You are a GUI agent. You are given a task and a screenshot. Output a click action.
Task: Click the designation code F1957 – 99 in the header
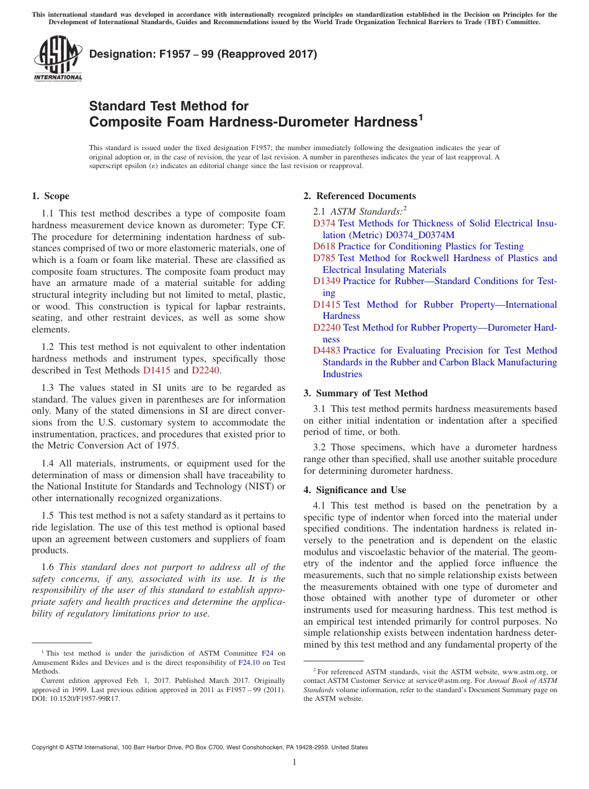tap(169, 54)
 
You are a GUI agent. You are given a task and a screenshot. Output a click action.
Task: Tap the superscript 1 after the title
tap(420, 116)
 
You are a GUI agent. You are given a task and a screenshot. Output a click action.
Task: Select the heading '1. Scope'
tap(50, 196)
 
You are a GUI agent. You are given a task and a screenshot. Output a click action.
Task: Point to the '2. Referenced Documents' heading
tap(360, 196)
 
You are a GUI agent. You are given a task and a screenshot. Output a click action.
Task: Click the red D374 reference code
tap(324, 223)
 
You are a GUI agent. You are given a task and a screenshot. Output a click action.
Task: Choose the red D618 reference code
tap(324, 246)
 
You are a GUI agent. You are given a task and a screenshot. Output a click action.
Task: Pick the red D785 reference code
tap(324, 258)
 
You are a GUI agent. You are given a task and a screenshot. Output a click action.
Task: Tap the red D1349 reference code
tap(327, 281)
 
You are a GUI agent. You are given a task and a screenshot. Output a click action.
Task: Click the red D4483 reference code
tap(327, 350)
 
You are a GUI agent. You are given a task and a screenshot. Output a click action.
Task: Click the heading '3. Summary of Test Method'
tap(365, 393)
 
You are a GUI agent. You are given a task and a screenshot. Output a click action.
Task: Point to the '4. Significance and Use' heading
tap(355, 490)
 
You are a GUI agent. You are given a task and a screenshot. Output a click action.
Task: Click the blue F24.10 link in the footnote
tap(249, 662)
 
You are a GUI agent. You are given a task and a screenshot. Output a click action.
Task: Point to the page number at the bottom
tap(294, 762)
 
